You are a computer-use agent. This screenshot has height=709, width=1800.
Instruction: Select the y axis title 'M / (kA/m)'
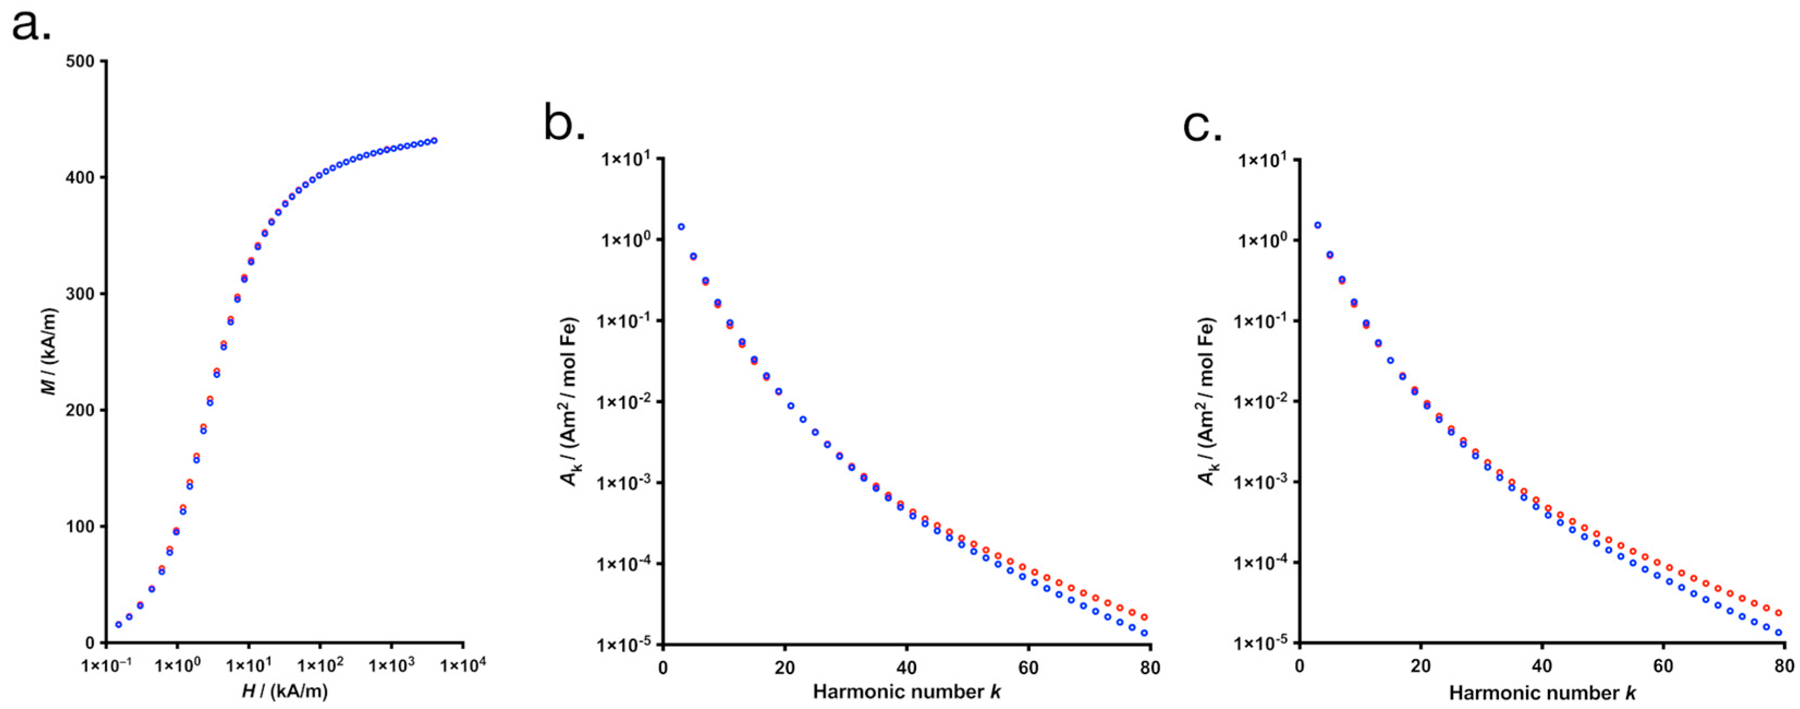point(50,352)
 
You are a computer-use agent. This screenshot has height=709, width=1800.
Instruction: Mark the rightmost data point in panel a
point(434,141)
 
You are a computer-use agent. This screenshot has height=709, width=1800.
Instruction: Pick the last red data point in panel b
point(1144,617)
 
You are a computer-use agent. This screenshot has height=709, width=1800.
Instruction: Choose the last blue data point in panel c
point(1778,632)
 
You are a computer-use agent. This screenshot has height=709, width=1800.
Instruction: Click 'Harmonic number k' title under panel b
point(907,692)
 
